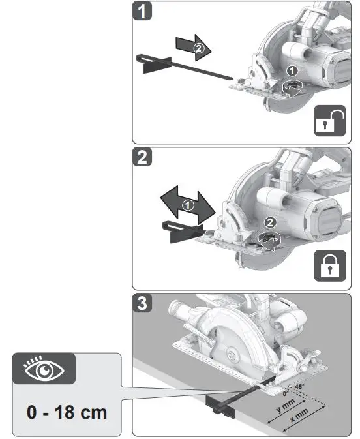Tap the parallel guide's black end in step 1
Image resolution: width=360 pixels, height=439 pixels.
click(x=154, y=63)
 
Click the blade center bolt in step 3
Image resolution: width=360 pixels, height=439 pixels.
click(x=232, y=354)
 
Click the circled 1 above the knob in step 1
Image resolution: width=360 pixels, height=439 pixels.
click(x=293, y=70)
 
